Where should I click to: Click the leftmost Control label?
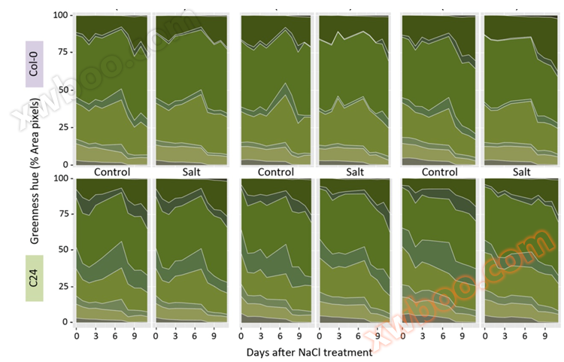pos(112,172)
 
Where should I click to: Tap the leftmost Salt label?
pos(191,172)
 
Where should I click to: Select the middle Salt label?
pos(353,172)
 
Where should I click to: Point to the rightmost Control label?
pos(439,172)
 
